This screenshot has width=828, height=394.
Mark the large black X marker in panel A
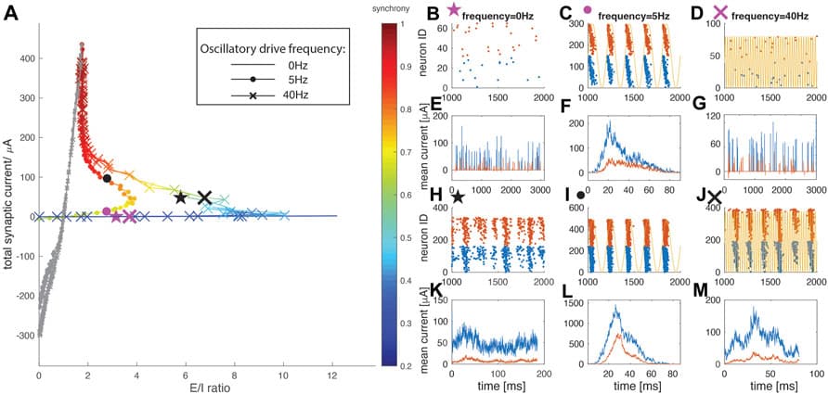204,197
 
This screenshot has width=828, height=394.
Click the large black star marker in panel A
180,197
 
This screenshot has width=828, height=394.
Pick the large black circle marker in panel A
107,179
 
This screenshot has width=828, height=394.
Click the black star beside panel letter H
457,196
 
